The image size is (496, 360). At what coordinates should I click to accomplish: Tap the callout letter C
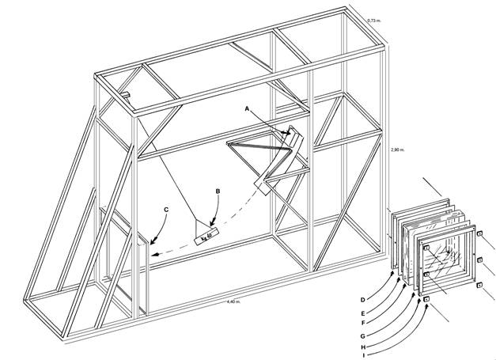pos(166,210)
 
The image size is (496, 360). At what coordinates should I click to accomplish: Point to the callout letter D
pos(362,299)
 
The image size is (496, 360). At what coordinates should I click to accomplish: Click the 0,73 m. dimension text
pos(376,17)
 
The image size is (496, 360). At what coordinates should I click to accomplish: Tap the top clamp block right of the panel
pos(480,232)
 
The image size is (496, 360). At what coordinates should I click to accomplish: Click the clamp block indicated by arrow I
pos(426,300)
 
